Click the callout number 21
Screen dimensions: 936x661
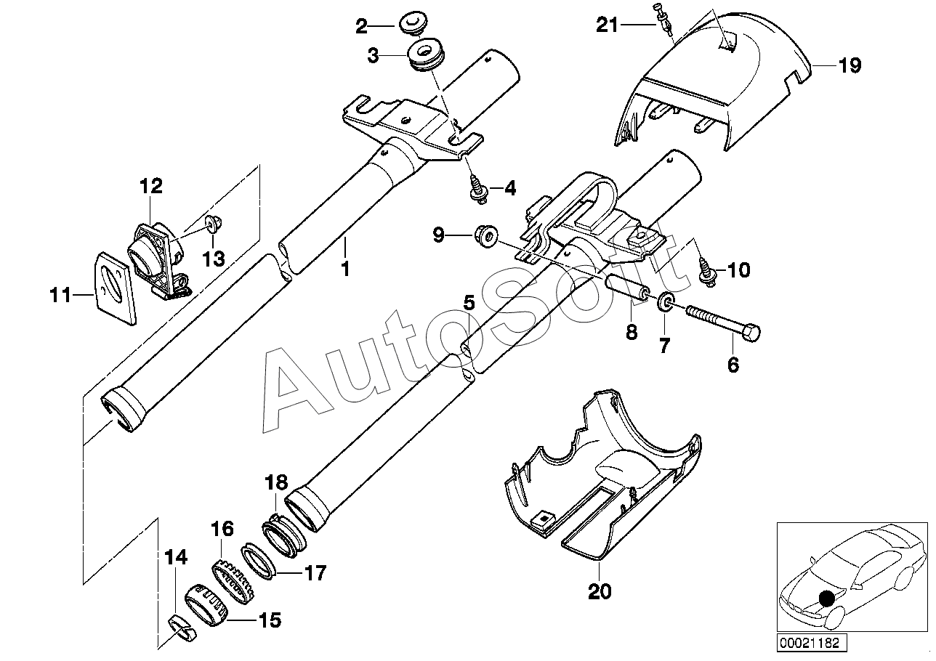tap(607, 25)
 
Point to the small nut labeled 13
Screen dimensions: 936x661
tap(214, 224)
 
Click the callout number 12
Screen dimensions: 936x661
tap(151, 186)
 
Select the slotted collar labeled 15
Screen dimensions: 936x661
tap(206, 605)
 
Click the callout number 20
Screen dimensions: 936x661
tap(600, 591)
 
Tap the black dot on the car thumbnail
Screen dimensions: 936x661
tap(826, 599)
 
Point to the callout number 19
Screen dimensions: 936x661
tap(850, 65)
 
